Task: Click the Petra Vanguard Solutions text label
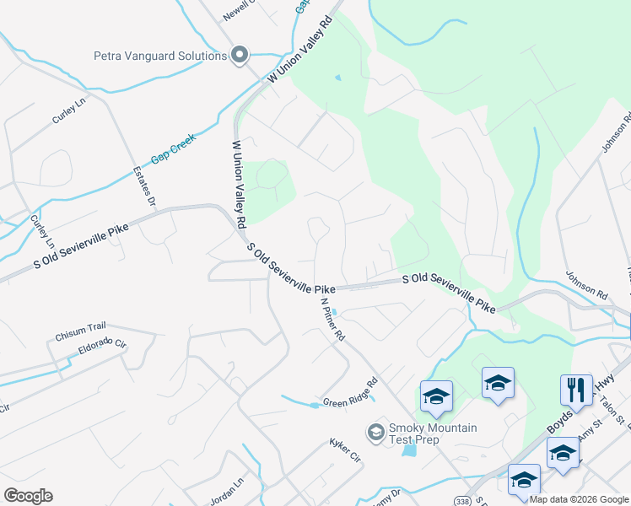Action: [160, 57]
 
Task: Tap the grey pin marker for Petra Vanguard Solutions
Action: [239, 56]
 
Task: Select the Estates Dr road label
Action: [144, 186]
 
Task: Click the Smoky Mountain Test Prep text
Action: [432, 433]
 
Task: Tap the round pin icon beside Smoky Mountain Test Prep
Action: [375, 433]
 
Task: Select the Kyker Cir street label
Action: [344, 450]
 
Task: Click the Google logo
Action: [28, 496]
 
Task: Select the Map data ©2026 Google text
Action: [579, 499]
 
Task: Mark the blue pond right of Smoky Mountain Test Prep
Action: [409, 449]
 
